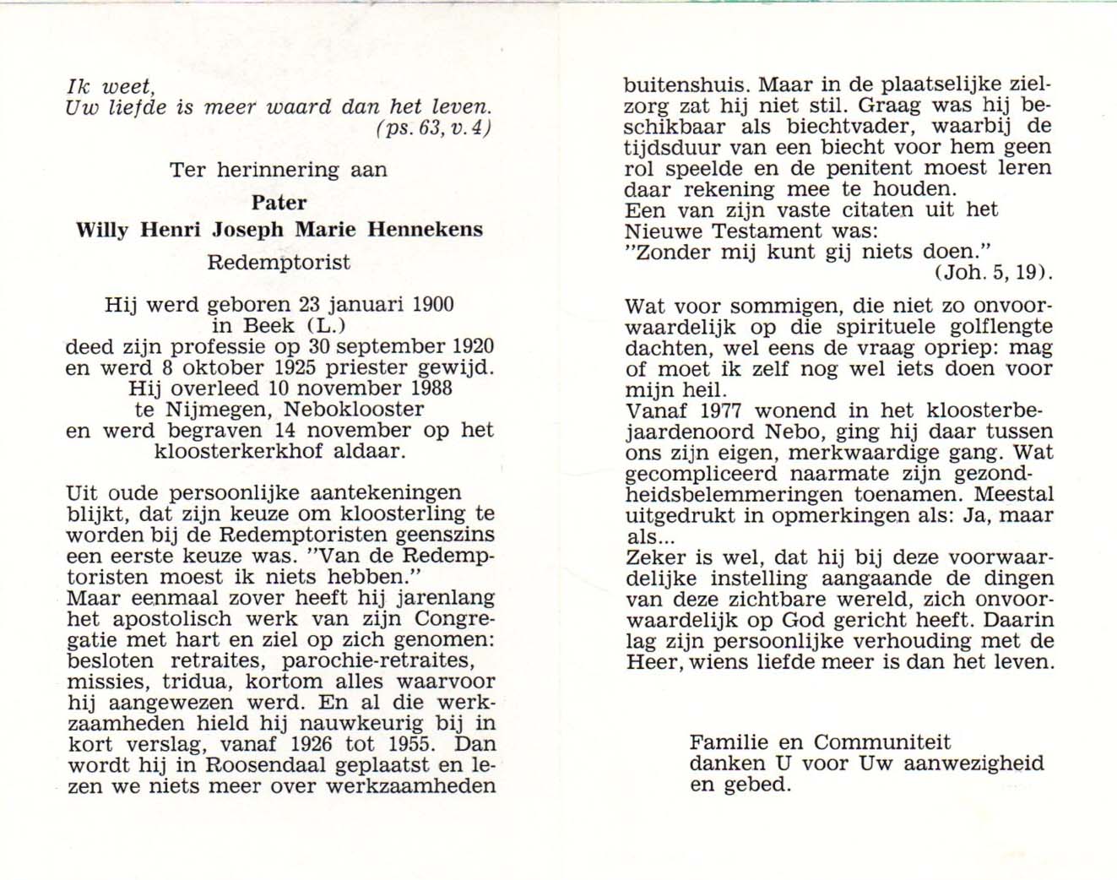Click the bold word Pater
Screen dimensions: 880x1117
click(279, 203)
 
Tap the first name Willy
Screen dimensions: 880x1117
click(102, 230)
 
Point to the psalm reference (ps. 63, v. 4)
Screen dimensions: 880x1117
click(432, 129)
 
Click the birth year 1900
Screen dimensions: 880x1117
click(432, 305)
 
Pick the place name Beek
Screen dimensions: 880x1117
click(269, 326)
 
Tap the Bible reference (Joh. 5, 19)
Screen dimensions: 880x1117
click(993, 272)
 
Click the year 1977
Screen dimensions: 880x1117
click(721, 411)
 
